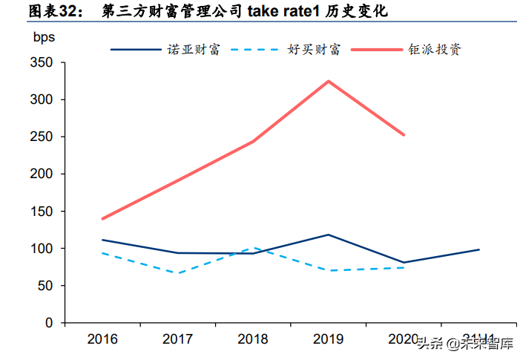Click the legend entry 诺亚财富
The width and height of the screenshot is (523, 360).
194,50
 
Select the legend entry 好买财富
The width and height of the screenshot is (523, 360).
314,50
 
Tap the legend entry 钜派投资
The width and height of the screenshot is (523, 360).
434,50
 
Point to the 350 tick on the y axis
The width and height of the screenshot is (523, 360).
42,63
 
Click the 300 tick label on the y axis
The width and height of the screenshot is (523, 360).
42,99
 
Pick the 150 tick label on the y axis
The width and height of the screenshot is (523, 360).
42,212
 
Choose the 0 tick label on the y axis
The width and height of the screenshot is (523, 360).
48,323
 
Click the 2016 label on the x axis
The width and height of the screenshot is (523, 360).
102,339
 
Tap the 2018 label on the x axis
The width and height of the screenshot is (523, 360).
253,339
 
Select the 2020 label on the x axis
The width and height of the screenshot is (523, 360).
404,339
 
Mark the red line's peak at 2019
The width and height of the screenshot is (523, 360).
329,81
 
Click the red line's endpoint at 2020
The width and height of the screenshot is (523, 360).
404,135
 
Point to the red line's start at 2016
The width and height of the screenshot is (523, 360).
102,219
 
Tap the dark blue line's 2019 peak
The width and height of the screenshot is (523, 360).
329,235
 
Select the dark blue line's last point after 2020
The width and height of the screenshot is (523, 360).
479,249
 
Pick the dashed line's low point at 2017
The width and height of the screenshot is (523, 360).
178,273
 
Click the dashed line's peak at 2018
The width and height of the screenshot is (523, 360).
253,248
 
